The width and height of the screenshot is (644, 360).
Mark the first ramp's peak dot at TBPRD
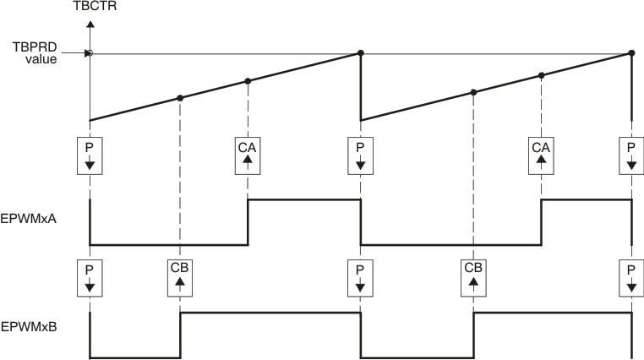pos(361,53)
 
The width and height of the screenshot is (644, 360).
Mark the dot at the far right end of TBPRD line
pos(631,53)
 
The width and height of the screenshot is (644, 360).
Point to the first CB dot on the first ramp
pos(180,98)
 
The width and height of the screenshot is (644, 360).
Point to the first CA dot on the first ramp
pos(248,81)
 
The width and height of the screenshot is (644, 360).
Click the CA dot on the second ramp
pos(541,75)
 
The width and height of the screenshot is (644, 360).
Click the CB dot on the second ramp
pos(473,91)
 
